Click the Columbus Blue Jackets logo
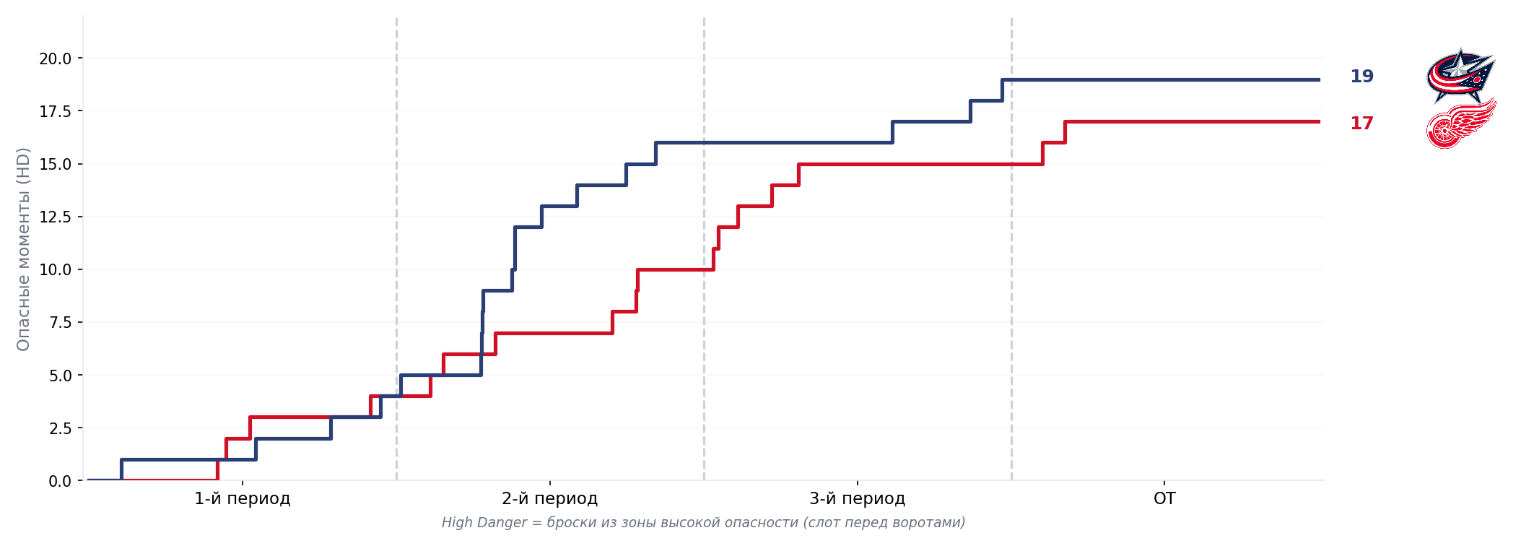(x=1460, y=76)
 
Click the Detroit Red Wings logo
(x=1460, y=124)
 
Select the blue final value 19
(x=1361, y=77)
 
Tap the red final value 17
(x=1361, y=123)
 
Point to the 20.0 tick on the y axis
(x=56, y=58)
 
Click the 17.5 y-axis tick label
(x=56, y=111)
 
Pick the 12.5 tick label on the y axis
(x=56, y=217)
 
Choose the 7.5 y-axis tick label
(x=60, y=322)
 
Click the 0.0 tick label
(x=60, y=481)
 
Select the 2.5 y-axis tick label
(x=60, y=428)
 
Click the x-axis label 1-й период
(x=243, y=498)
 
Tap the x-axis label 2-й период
(x=550, y=498)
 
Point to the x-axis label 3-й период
(x=857, y=498)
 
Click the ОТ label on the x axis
(x=1164, y=498)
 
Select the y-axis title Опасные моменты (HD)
(x=23, y=249)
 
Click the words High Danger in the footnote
(x=484, y=522)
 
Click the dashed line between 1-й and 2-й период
(x=396, y=217)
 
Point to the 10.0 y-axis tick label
(x=56, y=269)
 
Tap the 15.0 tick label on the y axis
(x=56, y=164)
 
